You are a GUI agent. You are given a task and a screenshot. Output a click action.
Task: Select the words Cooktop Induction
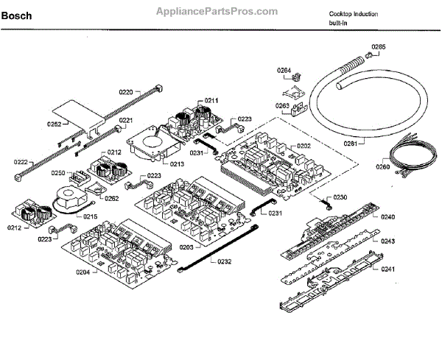click(x=354, y=14)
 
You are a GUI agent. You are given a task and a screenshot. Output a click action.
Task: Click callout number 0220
click(x=126, y=92)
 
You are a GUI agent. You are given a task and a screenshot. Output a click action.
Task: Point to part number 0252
click(x=55, y=124)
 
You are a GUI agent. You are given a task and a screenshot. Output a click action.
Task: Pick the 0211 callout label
click(x=211, y=100)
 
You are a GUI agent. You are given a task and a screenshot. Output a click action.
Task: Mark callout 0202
click(x=304, y=146)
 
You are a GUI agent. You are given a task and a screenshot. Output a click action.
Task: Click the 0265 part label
click(x=378, y=47)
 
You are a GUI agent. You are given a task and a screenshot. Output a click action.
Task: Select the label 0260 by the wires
click(x=382, y=167)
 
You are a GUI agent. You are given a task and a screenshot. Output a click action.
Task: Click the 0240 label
click(x=388, y=217)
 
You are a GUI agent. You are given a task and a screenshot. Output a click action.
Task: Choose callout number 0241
click(x=388, y=269)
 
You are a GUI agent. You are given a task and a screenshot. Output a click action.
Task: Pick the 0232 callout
click(x=224, y=261)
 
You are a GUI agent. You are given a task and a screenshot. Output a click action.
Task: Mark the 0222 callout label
click(x=20, y=162)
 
